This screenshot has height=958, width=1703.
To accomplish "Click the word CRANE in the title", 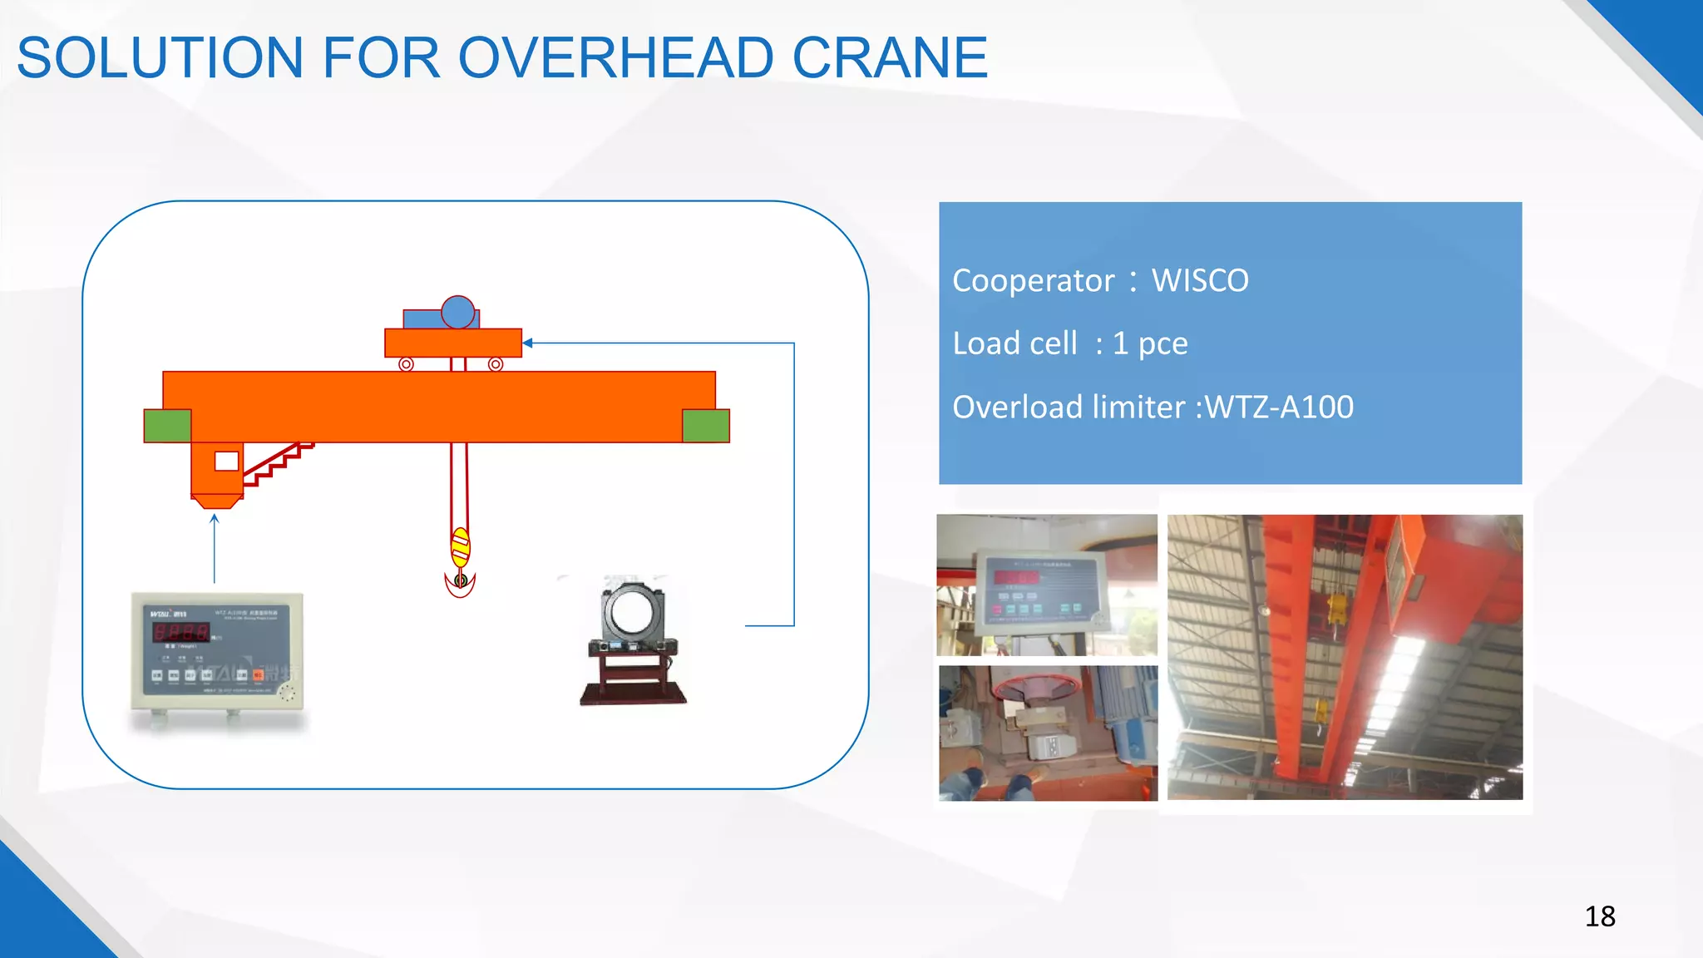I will (890, 57).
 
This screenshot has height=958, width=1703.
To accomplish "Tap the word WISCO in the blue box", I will (1199, 281).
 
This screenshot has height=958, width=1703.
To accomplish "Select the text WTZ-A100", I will (1279, 407).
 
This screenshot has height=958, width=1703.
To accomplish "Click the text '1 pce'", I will (1150, 343).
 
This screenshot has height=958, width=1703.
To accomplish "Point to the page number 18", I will (1599, 916).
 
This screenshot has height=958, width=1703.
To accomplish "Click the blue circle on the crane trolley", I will (457, 313).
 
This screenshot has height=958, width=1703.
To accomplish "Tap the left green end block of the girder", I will (167, 426).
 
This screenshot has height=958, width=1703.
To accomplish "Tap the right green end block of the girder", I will (705, 426).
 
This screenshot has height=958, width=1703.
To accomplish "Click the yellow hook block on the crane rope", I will (460, 547).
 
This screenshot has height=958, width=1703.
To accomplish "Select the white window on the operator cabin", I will (226, 461).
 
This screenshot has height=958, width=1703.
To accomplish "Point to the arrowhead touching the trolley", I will (527, 343).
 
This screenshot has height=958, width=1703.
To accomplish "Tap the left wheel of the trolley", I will (406, 364).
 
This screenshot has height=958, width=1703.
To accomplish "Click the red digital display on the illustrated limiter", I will (180, 632).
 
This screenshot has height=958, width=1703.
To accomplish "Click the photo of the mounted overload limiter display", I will (1046, 584).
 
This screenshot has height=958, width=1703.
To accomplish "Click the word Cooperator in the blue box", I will (1033, 281).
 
